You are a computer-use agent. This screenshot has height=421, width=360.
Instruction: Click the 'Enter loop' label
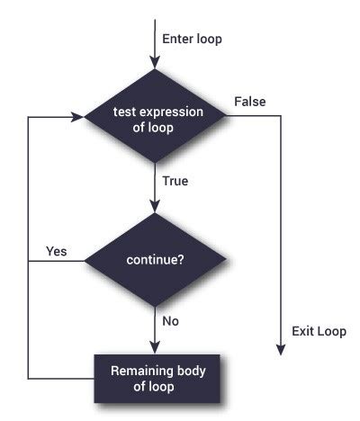pos(192,39)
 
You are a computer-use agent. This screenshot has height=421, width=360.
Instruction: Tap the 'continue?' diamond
pos(155,262)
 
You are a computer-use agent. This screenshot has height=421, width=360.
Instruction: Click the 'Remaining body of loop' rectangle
pos(155,377)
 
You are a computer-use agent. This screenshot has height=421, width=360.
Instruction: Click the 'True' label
pos(175,181)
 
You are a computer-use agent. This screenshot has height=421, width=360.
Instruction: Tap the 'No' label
pos(170,319)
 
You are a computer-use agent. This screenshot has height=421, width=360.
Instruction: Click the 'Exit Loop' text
pos(319,331)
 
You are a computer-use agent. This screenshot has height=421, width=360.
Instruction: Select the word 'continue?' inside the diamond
pos(155,262)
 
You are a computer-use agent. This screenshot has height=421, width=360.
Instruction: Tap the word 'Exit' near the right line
pos(302,331)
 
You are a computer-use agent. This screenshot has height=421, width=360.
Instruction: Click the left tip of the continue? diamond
pos(85,262)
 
